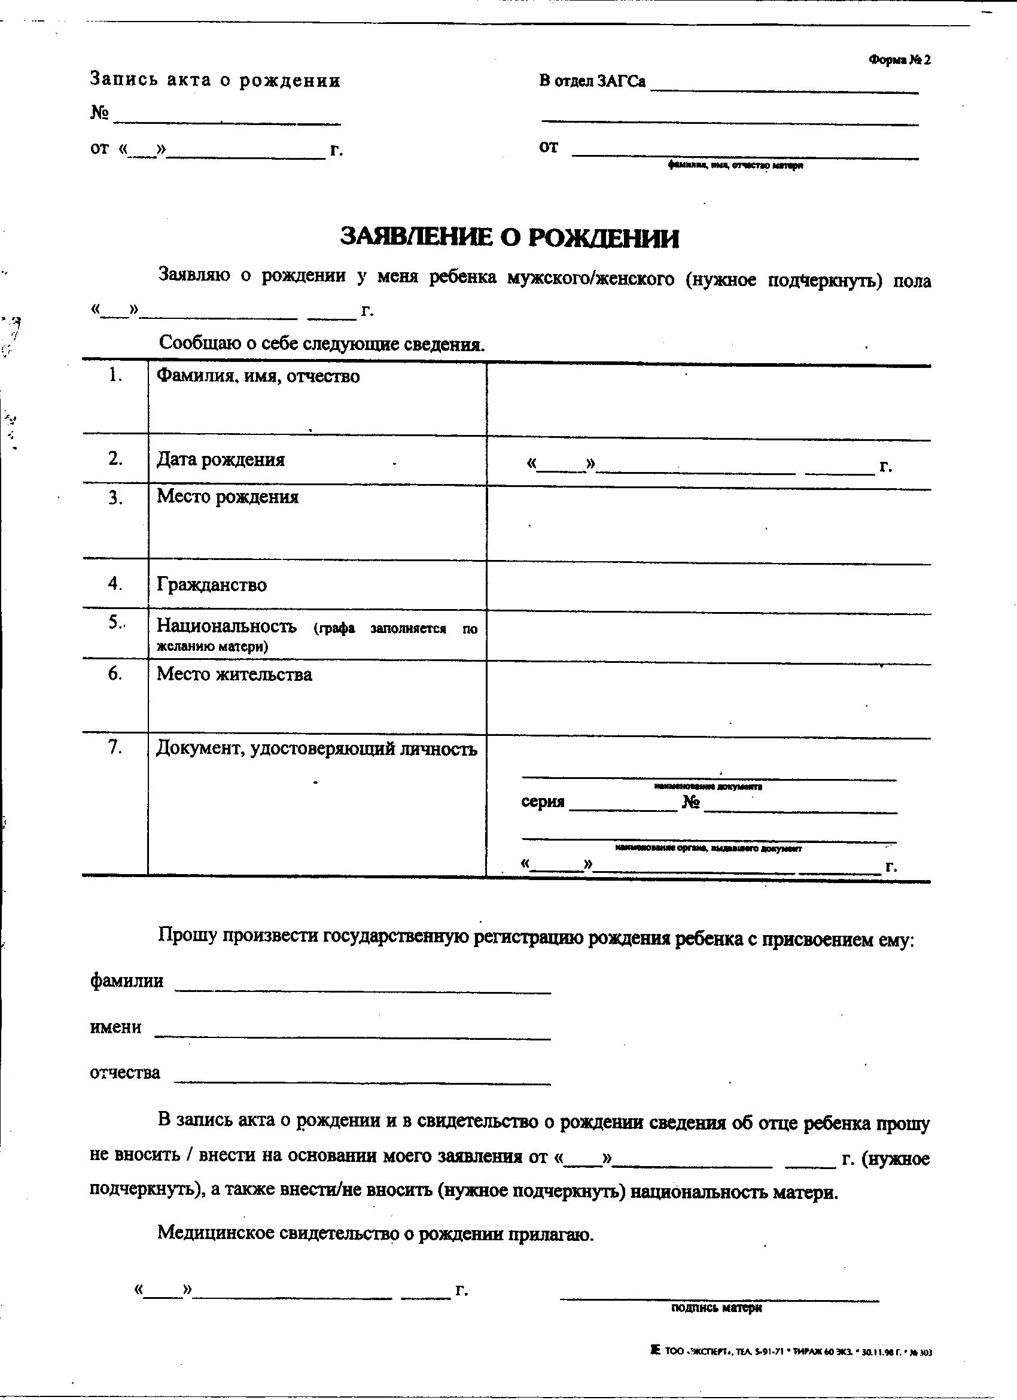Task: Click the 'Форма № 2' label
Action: point(899,60)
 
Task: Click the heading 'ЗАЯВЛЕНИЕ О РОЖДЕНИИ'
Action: point(509,238)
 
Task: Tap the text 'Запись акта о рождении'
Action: point(215,80)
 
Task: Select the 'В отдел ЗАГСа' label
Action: point(592,81)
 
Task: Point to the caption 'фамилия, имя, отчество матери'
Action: point(735,166)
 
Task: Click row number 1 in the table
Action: point(115,375)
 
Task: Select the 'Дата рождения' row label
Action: point(220,459)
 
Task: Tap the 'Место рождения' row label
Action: point(227,497)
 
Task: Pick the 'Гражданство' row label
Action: point(212,585)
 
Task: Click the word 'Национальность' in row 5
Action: point(227,626)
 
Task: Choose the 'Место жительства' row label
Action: point(234,674)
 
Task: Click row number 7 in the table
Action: point(115,747)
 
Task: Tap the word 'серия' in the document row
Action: point(543,802)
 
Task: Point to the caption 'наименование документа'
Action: point(708,787)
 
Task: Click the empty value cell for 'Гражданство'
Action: point(708,585)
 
